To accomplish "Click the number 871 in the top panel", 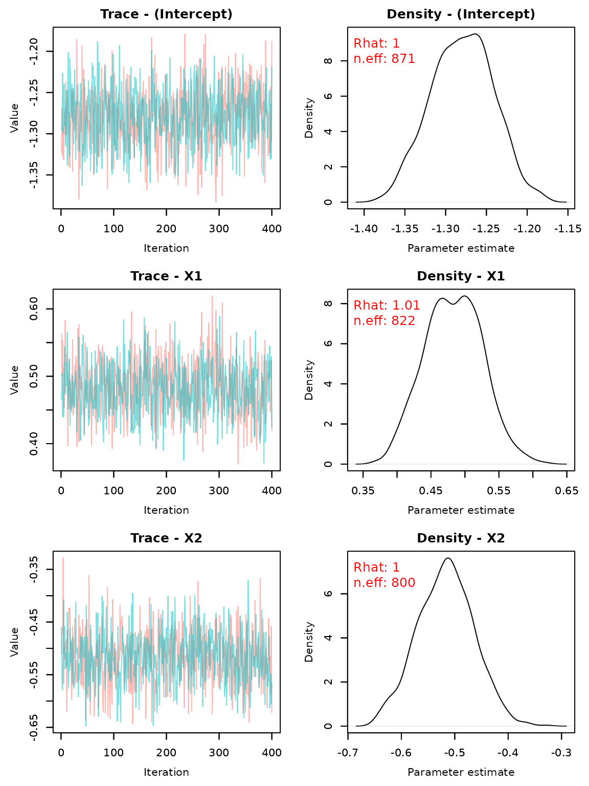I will (x=403, y=59).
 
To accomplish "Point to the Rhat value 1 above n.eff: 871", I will (x=396, y=44).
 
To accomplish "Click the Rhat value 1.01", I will (x=406, y=306).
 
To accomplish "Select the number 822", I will (x=403, y=321).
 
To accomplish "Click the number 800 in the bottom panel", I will (x=403, y=583).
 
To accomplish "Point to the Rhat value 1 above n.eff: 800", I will (x=396, y=568).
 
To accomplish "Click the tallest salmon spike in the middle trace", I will (x=212, y=297).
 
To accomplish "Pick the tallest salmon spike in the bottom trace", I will (x=63, y=559).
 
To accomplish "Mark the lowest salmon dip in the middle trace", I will (x=238, y=463).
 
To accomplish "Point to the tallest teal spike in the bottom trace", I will (x=248, y=581).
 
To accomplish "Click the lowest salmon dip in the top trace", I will (x=216, y=201).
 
